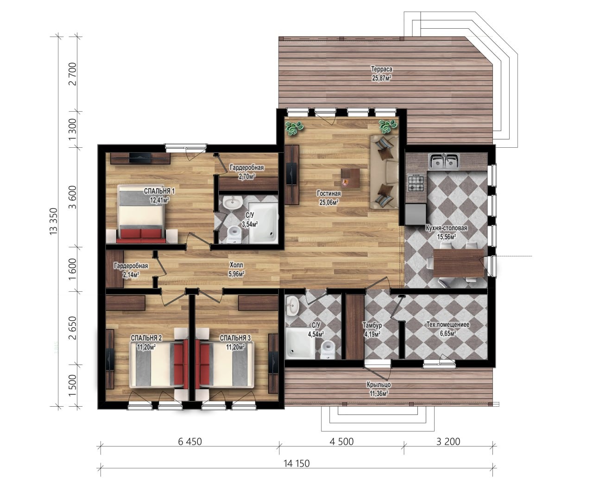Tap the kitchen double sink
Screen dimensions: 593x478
[444, 161]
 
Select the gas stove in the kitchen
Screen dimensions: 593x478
[416, 182]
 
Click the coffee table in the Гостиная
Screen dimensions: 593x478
[350, 178]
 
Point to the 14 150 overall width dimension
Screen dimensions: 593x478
[296, 463]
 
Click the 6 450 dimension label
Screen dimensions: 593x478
[190, 441]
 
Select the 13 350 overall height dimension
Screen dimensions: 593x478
[54, 221]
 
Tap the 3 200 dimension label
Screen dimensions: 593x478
[448, 441]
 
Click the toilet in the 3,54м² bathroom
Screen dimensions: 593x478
[235, 234]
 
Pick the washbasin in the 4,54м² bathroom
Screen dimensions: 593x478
[292, 306]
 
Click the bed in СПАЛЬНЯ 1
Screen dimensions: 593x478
[142, 214]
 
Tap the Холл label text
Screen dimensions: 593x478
[236, 265]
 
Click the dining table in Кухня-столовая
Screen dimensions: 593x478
[459, 263]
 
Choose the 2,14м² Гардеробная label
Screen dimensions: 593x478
[131, 270]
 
